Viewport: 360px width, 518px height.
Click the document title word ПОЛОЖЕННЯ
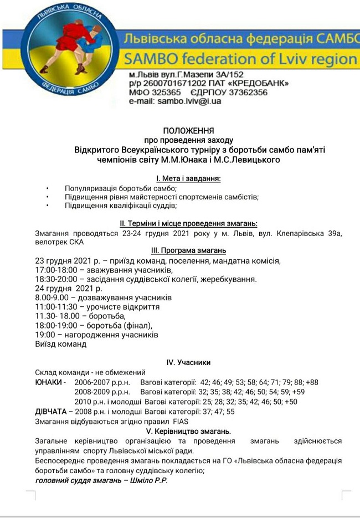point(188,131)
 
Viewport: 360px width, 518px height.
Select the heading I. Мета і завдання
point(188,178)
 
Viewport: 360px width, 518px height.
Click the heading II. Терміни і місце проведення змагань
point(188,223)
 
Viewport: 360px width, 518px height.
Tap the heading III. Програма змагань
point(188,250)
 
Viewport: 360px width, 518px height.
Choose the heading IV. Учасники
point(188,362)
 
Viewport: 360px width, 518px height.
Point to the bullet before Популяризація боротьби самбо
point(48,188)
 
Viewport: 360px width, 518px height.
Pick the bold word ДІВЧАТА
point(50,412)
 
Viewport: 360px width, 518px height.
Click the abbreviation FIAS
point(177,421)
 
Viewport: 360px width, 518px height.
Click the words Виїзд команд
point(61,343)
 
